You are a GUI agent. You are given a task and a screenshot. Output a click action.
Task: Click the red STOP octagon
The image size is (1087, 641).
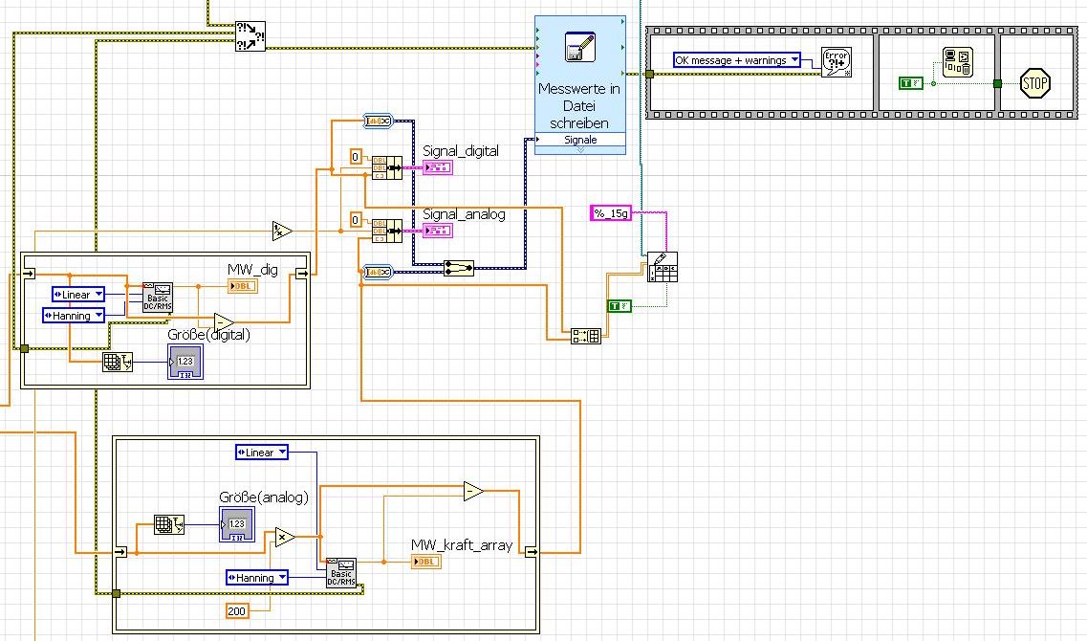1035,83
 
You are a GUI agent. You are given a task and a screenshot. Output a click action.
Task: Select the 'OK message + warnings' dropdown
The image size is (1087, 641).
736,60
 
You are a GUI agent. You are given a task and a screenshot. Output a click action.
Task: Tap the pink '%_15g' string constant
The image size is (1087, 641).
611,213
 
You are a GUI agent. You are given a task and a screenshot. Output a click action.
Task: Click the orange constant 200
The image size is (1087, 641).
237,610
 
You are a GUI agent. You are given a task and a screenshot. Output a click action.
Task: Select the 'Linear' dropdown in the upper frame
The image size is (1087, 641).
78,295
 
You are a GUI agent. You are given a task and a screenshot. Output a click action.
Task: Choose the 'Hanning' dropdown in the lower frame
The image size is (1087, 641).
256,578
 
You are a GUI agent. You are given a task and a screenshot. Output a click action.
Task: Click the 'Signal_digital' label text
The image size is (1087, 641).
461,150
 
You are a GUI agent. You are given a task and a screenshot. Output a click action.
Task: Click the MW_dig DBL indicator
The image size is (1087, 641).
242,285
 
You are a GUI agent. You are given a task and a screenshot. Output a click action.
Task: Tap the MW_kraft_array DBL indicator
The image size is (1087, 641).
425,562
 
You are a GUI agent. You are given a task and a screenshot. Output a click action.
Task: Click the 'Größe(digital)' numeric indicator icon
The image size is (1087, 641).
185,361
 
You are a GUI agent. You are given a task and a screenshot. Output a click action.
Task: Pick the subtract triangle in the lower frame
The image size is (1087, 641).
473,492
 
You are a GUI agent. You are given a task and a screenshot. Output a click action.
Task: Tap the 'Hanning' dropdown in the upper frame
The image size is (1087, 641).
74,316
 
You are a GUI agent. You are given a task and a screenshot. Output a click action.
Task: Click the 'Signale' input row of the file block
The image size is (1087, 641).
580,140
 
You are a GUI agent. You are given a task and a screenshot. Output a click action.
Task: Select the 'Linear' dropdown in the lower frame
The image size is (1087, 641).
261,453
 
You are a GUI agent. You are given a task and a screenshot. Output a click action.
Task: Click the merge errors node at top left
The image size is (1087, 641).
250,37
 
